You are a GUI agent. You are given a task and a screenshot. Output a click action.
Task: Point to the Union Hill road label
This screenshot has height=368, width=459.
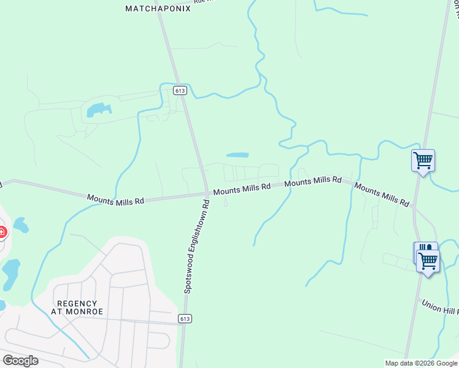440,306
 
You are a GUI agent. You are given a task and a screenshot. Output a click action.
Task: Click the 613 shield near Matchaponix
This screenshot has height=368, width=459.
180,90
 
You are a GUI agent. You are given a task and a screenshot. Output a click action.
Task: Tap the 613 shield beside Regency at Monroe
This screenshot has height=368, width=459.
185,318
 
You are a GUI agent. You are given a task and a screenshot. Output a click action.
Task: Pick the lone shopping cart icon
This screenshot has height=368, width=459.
423,161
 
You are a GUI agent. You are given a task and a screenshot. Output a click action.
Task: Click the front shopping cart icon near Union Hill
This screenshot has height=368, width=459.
428,261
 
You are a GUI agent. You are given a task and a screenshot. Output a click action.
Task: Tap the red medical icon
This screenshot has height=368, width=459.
2,232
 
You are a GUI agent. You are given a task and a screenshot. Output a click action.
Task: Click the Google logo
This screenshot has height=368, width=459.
20,361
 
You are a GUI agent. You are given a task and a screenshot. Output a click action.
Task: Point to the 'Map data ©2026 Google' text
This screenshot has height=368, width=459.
420,363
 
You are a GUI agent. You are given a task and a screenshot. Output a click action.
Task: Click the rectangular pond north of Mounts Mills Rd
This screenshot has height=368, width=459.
237,155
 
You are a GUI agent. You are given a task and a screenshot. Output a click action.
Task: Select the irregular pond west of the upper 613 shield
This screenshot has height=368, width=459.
99,110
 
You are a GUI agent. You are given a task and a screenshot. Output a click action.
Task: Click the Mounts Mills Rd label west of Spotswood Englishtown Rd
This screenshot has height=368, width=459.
115,199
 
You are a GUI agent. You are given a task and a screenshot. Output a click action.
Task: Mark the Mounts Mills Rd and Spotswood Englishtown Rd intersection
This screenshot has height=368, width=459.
207,193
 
